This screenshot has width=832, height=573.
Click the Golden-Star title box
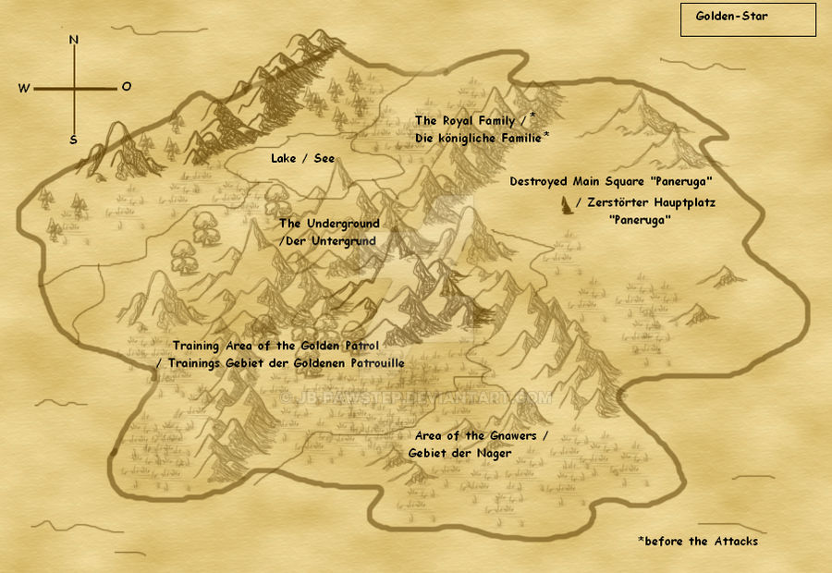click(x=748, y=19)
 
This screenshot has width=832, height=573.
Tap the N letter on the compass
click(x=74, y=41)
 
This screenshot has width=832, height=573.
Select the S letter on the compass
click(x=73, y=140)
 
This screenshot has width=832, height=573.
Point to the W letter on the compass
click(x=24, y=89)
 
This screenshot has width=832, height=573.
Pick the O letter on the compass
click(x=126, y=87)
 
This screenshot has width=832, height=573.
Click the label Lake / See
click(x=302, y=159)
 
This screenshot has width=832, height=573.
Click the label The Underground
click(x=328, y=224)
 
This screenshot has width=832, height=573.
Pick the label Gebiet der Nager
click(x=459, y=453)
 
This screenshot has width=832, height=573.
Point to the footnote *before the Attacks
click(x=697, y=541)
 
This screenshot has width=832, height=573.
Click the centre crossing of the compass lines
click(x=74, y=89)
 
